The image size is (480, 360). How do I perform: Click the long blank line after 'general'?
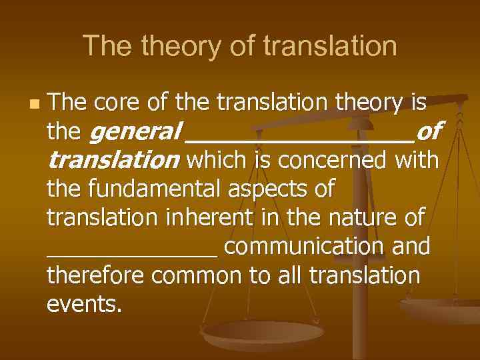[299, 139]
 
